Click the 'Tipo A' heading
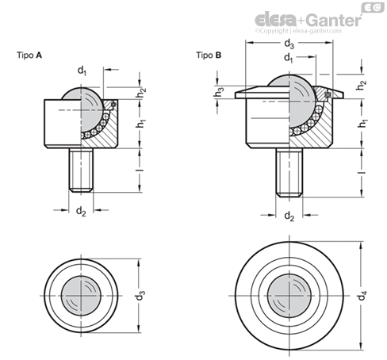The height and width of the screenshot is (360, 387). click(29, 56)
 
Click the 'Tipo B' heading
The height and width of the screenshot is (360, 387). click(209, 56)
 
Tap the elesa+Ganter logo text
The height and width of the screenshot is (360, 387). click(308, 20)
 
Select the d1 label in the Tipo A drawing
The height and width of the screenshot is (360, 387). click(82, 71)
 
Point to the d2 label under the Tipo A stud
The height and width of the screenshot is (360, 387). click(81, 212)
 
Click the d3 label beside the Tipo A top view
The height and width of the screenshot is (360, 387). click(140, 296)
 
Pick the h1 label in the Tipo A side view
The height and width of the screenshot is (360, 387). click(141, 124)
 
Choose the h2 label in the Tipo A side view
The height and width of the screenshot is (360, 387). click(141, 93)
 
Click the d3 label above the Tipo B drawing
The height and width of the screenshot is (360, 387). click(289, 44)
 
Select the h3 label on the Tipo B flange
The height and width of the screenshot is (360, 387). click(219, 92)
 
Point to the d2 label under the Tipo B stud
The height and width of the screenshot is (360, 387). click(289, 216)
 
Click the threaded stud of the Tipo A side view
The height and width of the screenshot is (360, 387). click(81, 170)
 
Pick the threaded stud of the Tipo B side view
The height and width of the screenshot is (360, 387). click(289, 173)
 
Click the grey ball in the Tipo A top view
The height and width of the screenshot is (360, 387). click(81, 296)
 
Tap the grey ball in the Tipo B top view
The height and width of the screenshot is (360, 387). click(289, 296)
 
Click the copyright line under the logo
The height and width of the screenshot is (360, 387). click(298, 31)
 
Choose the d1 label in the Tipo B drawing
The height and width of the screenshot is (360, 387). click(289, 58)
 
